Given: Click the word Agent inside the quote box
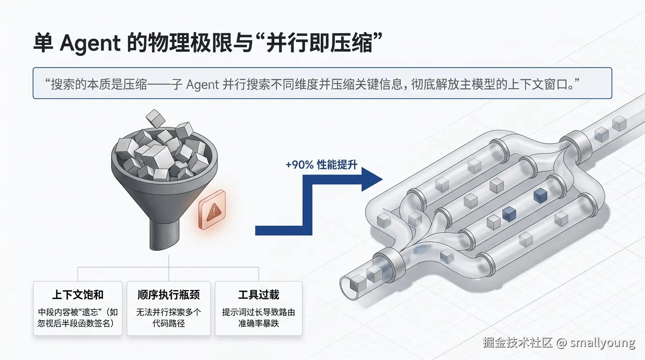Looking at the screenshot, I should (x=202, y=84).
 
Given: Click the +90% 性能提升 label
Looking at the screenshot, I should (x=321, y=165).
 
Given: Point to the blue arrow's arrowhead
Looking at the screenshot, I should (x=371, y=180).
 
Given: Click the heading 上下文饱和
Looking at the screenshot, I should (x=78, y=294).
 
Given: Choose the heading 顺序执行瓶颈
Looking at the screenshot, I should (x=169, y=294).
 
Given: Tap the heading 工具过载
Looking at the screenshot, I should (x=259, y=294).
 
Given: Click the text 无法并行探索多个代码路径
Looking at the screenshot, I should (x=169, y=317).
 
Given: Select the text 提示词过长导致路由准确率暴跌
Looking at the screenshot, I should (x=259, y=317).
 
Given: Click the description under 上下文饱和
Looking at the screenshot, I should (x=78, y=317).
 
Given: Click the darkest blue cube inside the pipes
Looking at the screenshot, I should (x=540, y=195).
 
